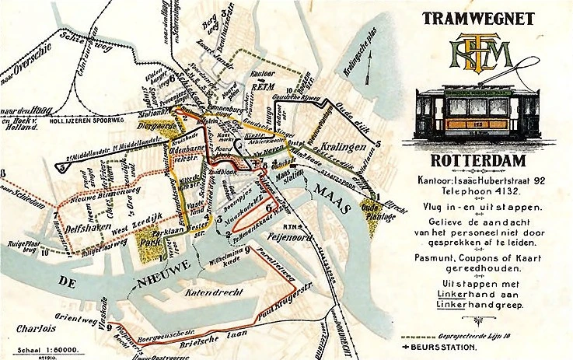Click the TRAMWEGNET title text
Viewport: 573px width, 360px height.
point(477,17)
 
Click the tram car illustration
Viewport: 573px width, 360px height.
point(476,114)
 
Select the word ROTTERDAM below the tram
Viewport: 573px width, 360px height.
point(477,161)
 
